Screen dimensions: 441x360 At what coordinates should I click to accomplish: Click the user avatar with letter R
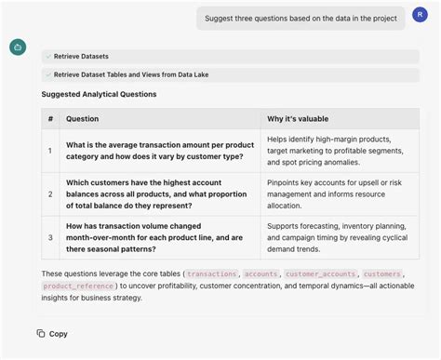[421, 17]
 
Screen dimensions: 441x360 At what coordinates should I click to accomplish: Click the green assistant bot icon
[18, 47]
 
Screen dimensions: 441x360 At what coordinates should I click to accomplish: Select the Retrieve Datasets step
[81, 56]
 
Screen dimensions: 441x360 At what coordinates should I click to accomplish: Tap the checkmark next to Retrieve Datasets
[48, 56]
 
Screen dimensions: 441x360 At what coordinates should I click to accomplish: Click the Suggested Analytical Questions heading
[99, 94]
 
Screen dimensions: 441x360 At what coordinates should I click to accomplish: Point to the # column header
[50, 118]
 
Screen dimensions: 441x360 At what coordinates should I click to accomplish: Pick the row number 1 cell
[50, 151]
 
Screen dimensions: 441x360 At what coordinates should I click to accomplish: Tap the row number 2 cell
[50, 193]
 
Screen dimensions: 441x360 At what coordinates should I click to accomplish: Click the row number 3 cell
[50, 237]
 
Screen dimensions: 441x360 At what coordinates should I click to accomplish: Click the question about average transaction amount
[159, 151]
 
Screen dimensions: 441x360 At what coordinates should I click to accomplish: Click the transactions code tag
[212, 274]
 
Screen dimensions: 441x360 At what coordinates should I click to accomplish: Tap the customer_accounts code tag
[317, 274]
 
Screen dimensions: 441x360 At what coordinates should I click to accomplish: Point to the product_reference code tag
[77, 286]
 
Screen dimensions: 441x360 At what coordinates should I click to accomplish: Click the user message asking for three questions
[300, 18]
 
